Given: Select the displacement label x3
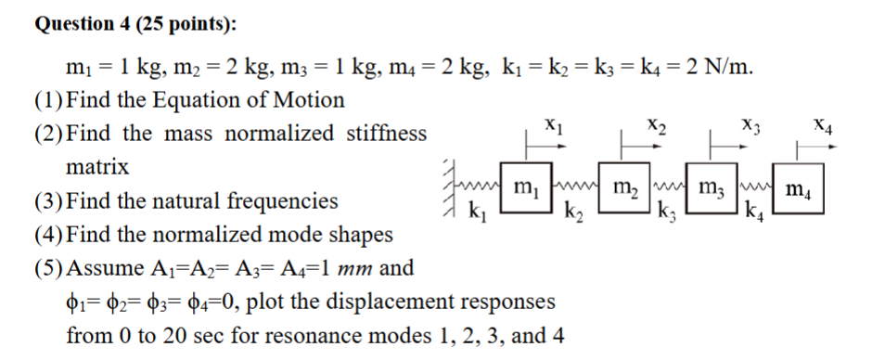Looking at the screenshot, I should click(x=750, y=125).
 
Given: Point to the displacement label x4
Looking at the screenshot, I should click(x=823, y=125).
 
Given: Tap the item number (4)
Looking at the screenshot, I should click(x=48, y=235).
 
